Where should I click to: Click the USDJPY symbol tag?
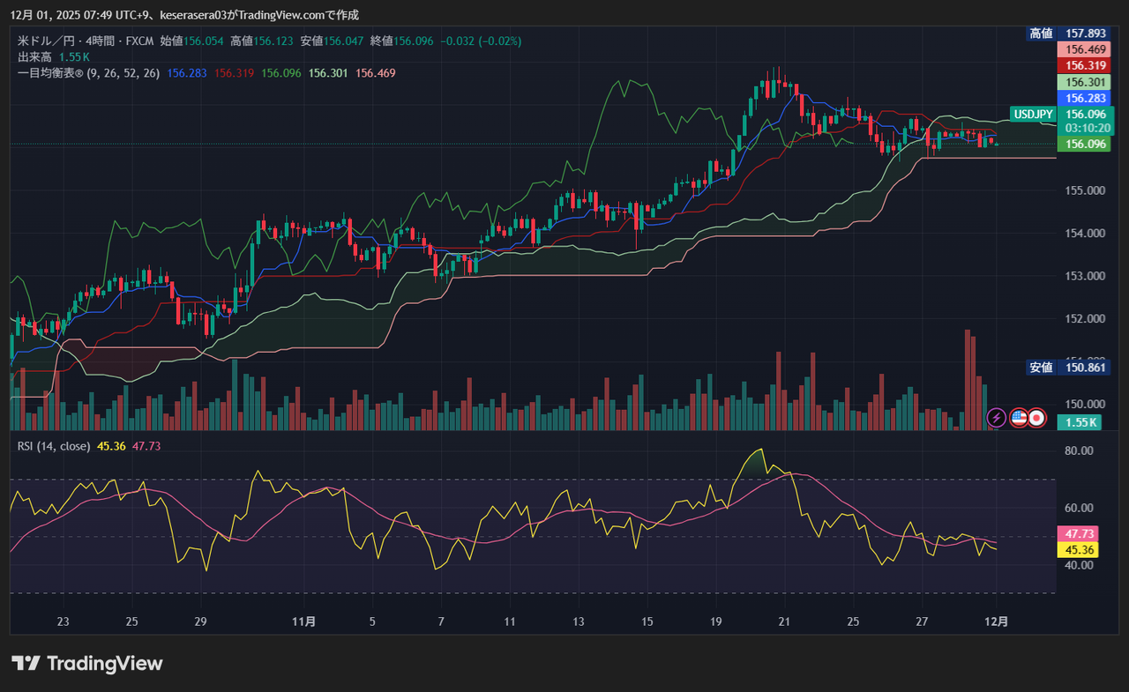click(1034, 115)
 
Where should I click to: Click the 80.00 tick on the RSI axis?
click(1080, 450)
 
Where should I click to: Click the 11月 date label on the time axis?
click(303, 621)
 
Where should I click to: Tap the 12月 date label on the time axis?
click(996, 621)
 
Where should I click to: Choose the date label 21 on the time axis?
click(783, 621)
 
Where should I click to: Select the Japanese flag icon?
click(1037, 417)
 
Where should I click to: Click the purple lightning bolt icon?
click(996, 417)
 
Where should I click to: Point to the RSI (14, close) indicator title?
click(54, 446)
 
